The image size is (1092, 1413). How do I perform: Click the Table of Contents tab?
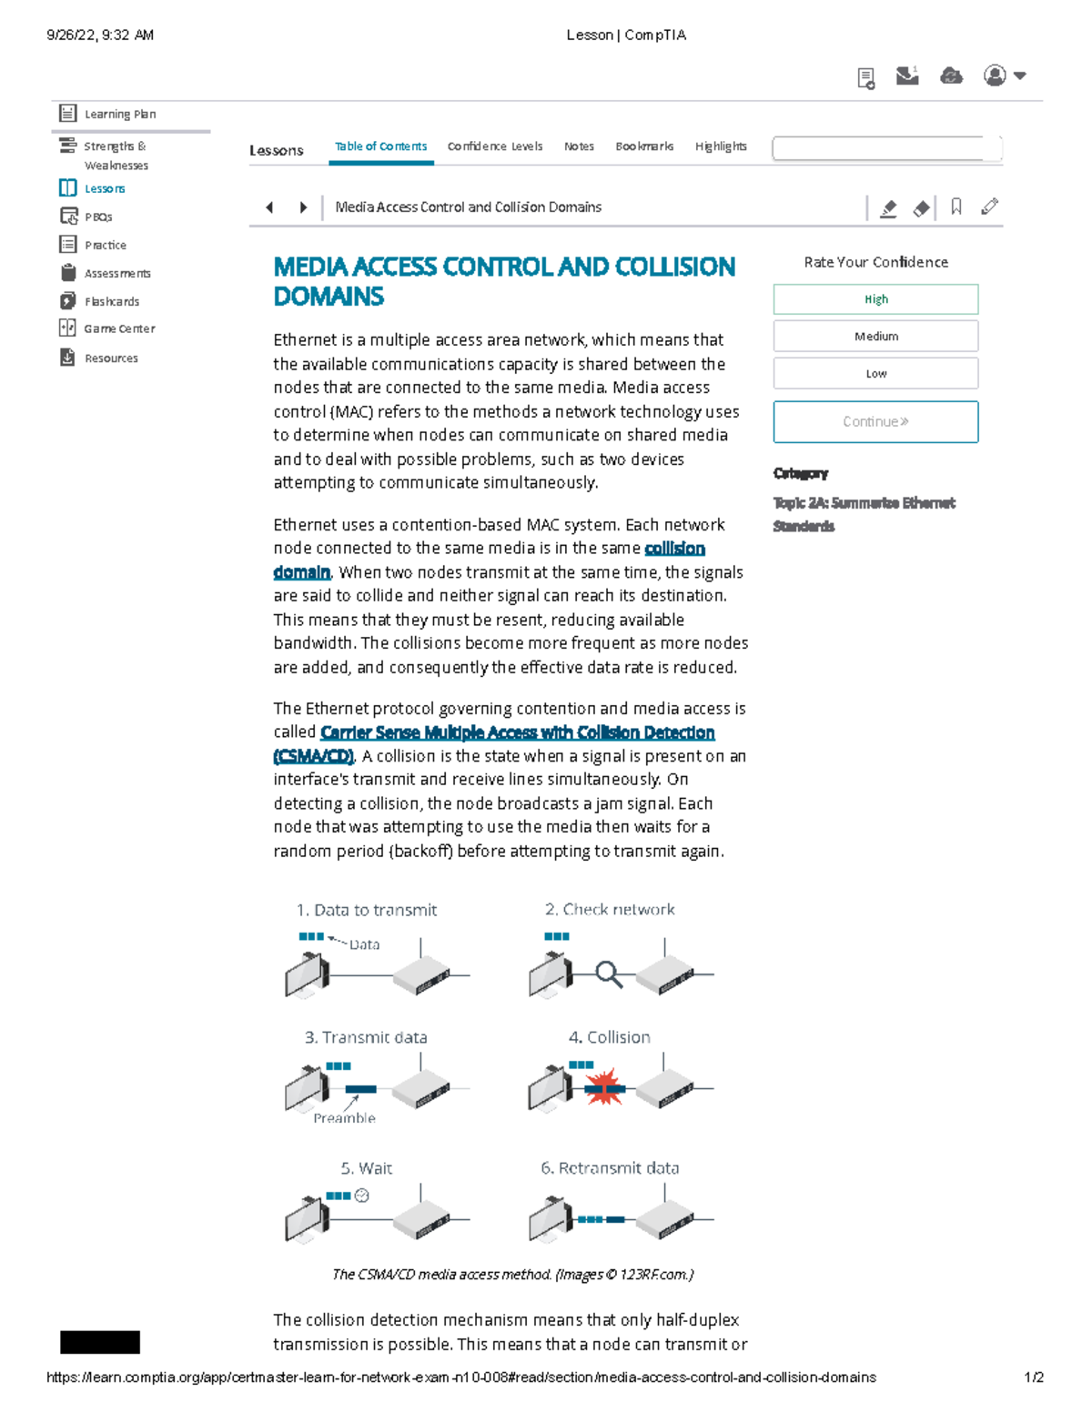pos(380,146)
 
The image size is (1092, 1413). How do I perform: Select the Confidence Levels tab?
pos(494,146)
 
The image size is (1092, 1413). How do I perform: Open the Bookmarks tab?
pos(644,146)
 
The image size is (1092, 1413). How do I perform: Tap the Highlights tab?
pos(721,146)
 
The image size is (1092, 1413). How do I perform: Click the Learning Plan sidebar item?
pos(119,114)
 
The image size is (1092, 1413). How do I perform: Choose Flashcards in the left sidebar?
pos(111,301)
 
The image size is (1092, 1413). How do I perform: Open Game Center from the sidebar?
pos(118,328)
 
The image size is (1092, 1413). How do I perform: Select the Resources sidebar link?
pos(111,358)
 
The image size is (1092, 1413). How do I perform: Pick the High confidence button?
pos(875,299)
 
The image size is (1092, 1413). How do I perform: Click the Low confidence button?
pos(875,374)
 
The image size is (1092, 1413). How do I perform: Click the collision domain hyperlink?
pos(673,549)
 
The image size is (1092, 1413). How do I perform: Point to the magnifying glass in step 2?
pos(608,974)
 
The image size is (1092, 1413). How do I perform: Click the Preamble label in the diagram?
pos(344,1118)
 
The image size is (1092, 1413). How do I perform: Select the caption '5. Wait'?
pos(366,1168)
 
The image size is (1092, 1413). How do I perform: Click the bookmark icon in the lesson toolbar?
pos(955,207)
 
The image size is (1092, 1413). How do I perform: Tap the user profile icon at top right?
pos(996,76)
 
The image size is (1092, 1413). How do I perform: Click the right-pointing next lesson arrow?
pos(303,207)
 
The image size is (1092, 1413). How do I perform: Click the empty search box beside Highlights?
pos(886,148)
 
